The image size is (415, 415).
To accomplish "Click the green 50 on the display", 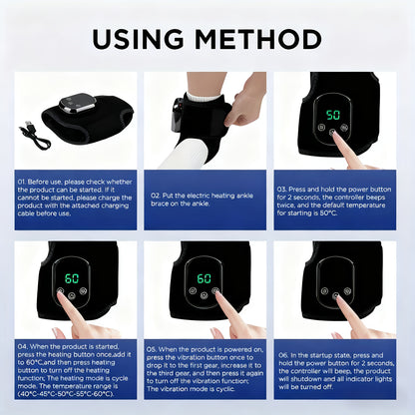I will coord(334,114).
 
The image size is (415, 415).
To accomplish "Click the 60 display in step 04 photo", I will coord(72,278).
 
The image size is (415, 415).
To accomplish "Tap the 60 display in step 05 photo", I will coord(204,278).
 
